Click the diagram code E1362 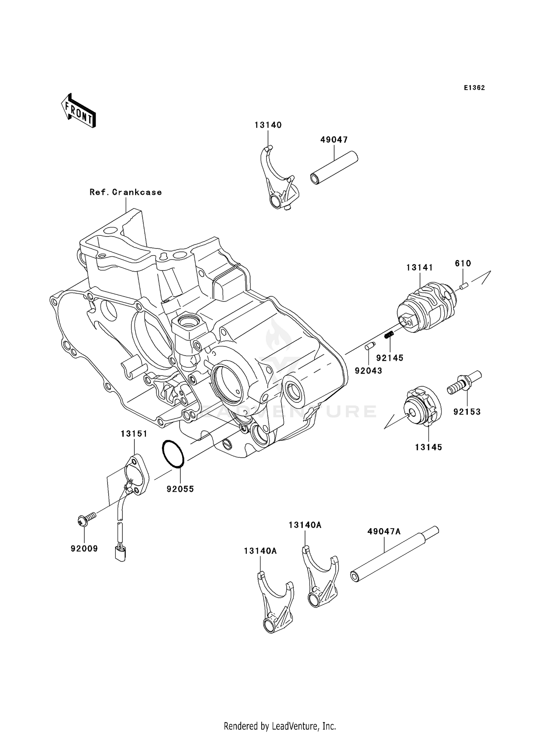[474, 88]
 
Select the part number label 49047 [334, 140]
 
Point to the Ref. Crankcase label [125, 192]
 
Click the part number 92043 [368, 371]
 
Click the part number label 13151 [134, 434]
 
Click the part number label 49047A [383, 531]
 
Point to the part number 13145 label [428, 447]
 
